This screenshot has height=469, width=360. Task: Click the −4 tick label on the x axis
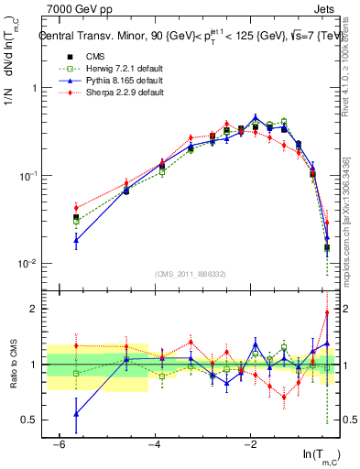[x=154, y=444]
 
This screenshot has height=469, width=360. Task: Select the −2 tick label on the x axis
[x=250, y=444]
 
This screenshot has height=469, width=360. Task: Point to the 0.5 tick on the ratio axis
[x=29, y=420]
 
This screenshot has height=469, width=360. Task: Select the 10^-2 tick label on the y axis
[x=27, y=264]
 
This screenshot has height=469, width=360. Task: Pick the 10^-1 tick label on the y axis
[x=27, y=176]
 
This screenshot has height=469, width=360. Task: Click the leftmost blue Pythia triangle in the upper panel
[x=76, y=241]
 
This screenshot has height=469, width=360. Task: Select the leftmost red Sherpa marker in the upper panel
[x=76, y=208]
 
